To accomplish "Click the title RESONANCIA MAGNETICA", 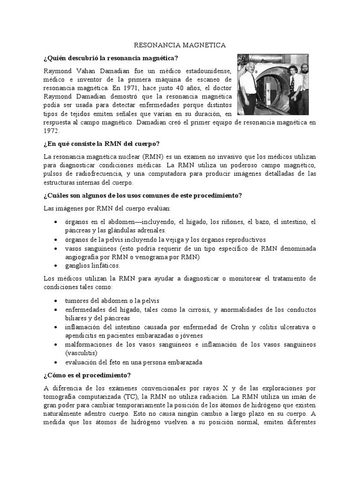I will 180,45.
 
